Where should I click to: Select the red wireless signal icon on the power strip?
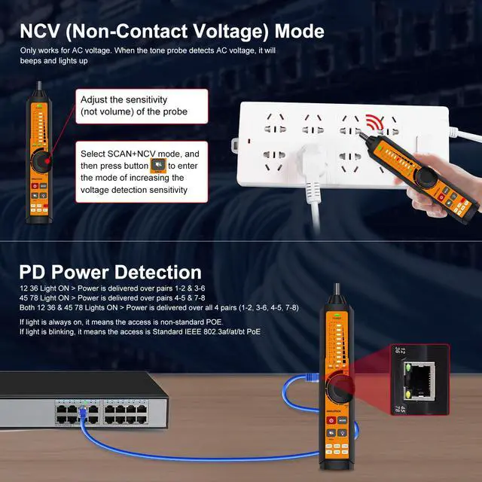pos(374,124)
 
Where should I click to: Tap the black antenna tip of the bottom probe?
pos(337,291)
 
